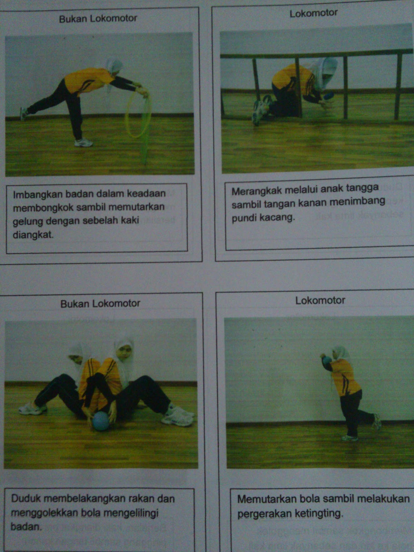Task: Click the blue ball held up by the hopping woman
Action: (326, 360)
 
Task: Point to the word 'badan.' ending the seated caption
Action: (26, 526)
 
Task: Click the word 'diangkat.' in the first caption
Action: (33, 235)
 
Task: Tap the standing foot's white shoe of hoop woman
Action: (83, 143)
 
